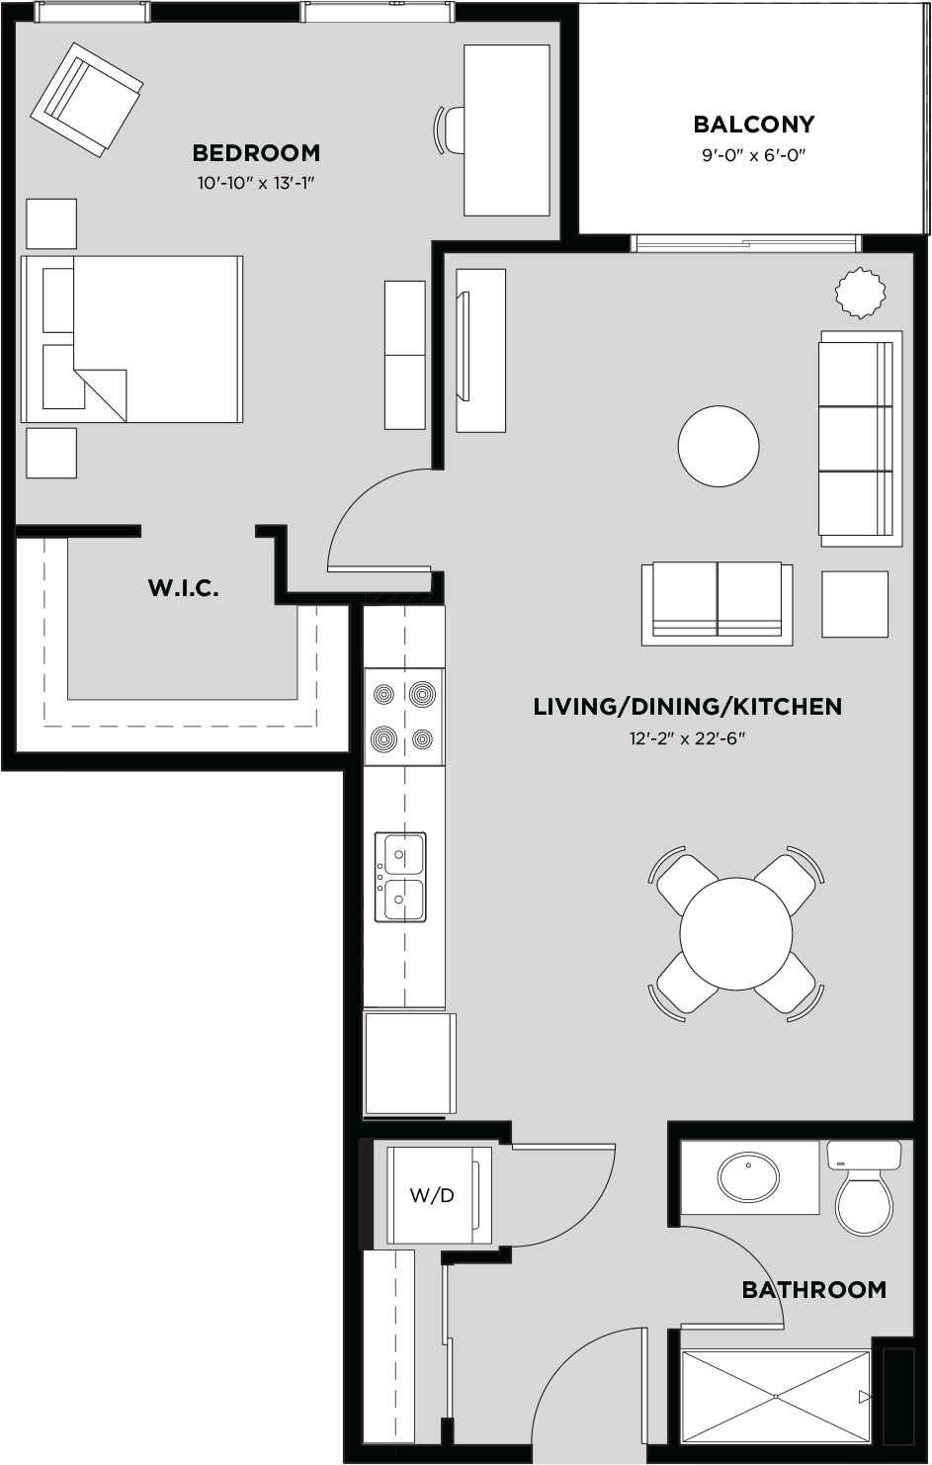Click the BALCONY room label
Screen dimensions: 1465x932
[753, 125]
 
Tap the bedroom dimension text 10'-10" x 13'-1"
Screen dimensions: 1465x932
[256, 183]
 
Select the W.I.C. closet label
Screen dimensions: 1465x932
[183, 589]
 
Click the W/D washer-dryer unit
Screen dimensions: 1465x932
[433, 1195]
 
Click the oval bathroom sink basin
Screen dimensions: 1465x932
[748, 1176]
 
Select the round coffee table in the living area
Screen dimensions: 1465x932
[719, 446]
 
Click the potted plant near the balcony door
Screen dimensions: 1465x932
[861, 293]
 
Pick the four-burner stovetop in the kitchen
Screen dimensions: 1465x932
[403, 717]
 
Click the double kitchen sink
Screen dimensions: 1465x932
[400, 877]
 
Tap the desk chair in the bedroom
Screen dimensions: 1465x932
[451, 129]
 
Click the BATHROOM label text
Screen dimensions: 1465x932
[813, 1289]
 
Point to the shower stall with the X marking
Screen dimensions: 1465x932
[776, 1396]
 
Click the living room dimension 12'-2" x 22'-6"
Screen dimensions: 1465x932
[687, 738]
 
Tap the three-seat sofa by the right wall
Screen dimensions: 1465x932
[858, 439]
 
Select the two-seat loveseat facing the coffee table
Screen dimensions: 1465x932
[717, 602]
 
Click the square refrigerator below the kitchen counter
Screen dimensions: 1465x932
[408, 1063]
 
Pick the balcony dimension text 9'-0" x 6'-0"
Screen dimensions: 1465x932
[753, 155]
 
